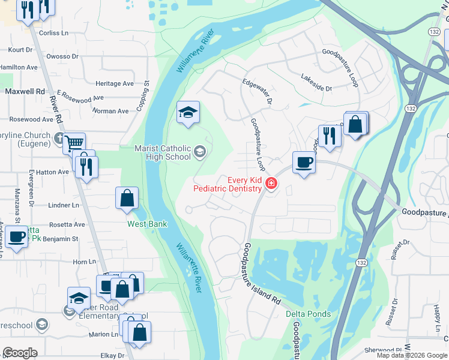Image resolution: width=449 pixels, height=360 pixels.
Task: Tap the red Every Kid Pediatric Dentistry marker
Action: pos(271,184)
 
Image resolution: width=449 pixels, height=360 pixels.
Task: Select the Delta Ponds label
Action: pos(308,314)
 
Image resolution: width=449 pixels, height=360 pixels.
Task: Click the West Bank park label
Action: pos(146,224)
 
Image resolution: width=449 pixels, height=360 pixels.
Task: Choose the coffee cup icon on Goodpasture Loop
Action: pos(304,162)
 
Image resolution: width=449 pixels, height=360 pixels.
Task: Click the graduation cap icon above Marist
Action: pos(188,112)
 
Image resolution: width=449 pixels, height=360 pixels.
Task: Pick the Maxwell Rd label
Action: pos(25,91)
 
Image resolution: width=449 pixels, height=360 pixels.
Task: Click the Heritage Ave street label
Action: pos(115,84)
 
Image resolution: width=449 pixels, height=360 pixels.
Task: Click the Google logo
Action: pos(20,353)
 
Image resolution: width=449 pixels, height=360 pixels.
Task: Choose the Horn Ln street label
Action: pos(84,262)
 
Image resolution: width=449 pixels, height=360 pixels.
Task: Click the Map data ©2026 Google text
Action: pos(411,355)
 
